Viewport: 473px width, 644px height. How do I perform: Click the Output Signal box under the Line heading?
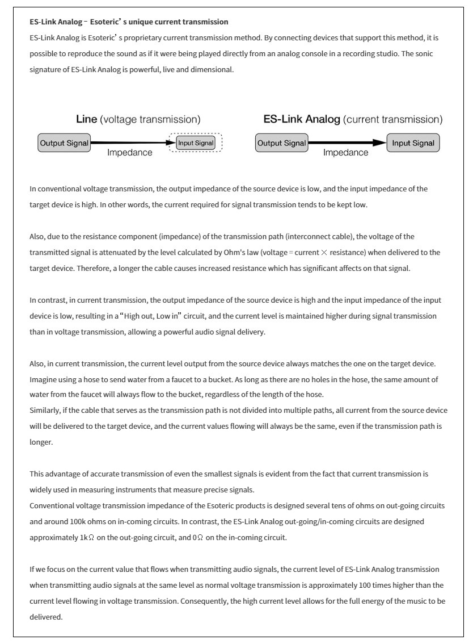tap(64, 143)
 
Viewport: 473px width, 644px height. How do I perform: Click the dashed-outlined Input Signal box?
tap(196, 143)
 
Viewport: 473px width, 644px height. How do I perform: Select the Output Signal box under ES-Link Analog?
tap(281, 143)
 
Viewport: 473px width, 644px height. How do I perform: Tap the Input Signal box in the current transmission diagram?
tap(413, 143)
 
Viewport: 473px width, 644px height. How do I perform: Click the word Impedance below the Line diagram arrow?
tap(130, 153)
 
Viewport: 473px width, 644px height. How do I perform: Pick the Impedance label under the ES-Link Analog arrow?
tap(346, 153)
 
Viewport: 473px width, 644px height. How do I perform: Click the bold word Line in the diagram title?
tap(87, 120)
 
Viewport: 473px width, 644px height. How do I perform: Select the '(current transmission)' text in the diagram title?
tap(394, 120)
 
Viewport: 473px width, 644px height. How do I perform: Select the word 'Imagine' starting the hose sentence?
tap(42, 379)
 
